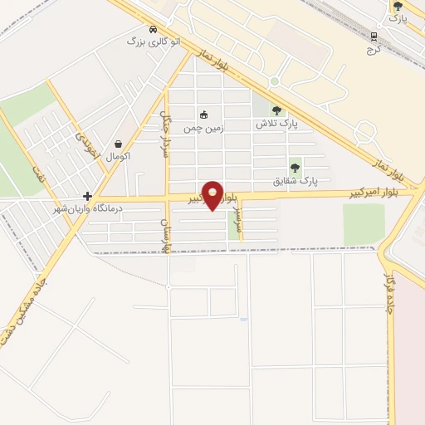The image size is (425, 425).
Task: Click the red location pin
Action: coord(213,194)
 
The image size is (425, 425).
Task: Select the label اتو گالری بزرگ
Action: coord(148,40)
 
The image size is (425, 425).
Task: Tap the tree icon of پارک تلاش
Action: coord(276,110)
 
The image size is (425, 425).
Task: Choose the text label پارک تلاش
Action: coord(276,123)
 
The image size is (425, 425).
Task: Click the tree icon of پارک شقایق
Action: coord(295,168)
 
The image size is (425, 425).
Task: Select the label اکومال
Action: coord(119,156)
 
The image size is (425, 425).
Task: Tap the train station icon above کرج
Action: coord(374,37)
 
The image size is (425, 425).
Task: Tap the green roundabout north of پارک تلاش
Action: coord(274,81)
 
